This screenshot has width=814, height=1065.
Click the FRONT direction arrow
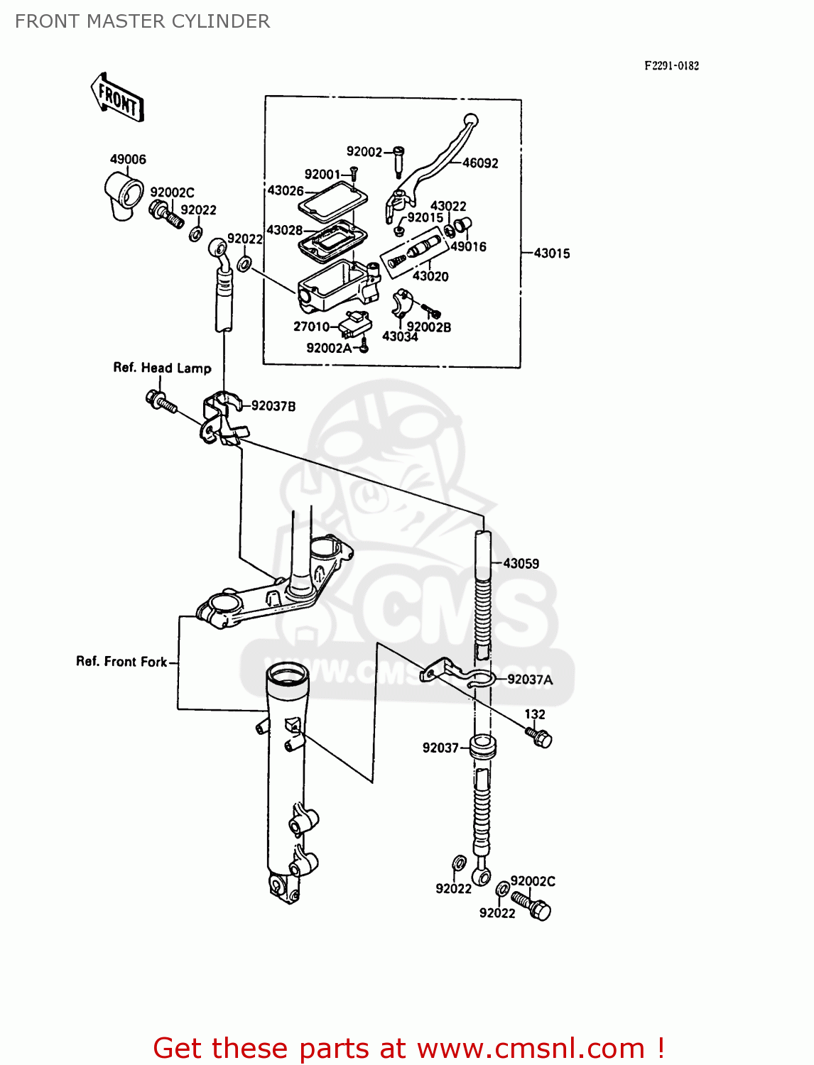pos(118,97)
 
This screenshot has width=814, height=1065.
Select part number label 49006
pos(128,160)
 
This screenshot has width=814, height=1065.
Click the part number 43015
pos(552,253)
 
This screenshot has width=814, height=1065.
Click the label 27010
pos(311,327)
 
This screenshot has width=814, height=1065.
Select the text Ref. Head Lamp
pos(162,368)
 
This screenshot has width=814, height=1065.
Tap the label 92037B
pos(273,406)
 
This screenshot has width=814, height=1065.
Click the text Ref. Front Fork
pos(121,662)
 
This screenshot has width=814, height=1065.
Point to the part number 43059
pos(521,564)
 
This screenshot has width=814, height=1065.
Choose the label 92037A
pos(530,679)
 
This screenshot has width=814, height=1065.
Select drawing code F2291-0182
pos(671,66)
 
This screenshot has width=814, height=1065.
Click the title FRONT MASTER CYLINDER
pos(142,21)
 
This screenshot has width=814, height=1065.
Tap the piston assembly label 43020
pos(430,276)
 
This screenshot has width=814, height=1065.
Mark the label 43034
pos(400,337)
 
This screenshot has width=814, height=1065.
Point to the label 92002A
pos(329,348)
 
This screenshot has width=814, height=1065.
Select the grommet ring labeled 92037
pos(483,747)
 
